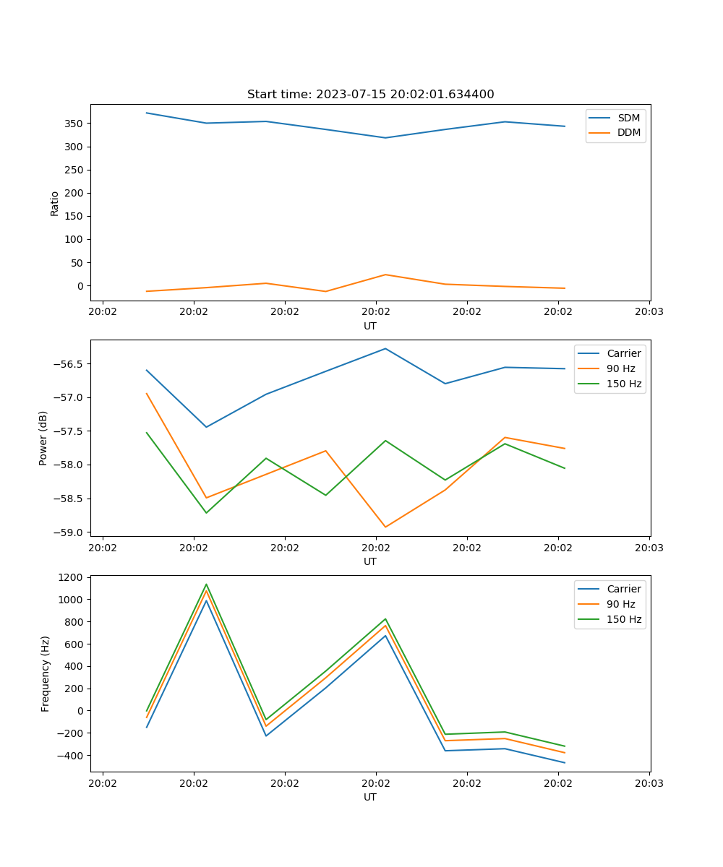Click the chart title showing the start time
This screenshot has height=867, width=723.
pos(370,95)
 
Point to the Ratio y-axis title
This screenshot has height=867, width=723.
pos(54,203)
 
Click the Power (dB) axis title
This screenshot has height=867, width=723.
pos(43,438)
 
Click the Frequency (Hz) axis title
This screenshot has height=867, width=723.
pos(45,673)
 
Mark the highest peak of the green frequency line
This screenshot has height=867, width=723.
pos(206,585)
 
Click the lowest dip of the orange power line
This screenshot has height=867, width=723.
pos(385,527)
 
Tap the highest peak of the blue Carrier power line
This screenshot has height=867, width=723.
pos(385,349)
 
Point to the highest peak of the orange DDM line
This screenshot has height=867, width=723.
pos(385,275)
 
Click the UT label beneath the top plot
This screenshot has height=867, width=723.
pos(370,326)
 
